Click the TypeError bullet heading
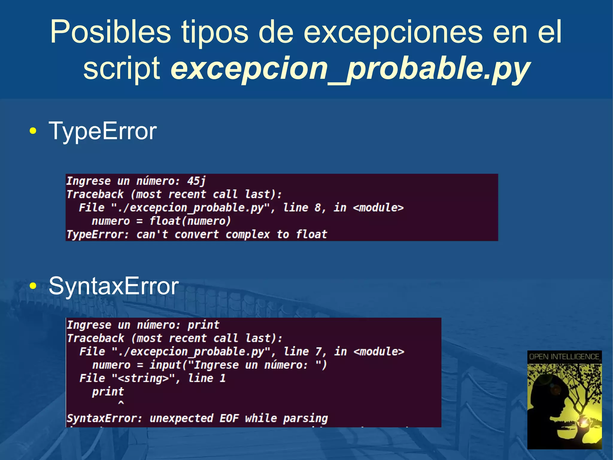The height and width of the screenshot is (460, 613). [x=102, y=131]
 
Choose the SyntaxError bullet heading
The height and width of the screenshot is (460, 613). [x=113, y=286]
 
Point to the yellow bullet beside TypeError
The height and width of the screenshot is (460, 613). [x=33, y=131]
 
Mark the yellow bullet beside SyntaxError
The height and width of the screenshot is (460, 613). [x=33, y=286]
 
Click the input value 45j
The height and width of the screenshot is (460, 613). [x=196, y=181]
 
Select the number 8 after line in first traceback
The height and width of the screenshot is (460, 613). [x=318, y=207]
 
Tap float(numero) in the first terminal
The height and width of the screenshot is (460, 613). [x=190, y=221]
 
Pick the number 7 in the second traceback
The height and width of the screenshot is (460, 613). [x=318, y=351]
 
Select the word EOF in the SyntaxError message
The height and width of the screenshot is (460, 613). [x=229, y=418]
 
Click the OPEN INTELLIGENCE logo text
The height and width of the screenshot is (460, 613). [x=564, y=357]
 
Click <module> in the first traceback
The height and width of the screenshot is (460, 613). [x=378, y=207]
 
